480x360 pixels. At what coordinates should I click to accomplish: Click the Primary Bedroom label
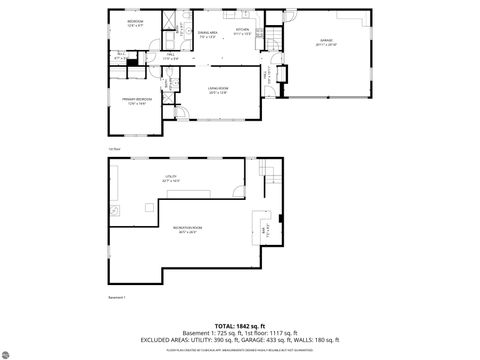pyautogui.click(x=138, y=100)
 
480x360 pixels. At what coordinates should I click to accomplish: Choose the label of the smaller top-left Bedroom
pyautogui.click(x=136, y=23)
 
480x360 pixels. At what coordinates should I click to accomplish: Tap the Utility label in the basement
pyautogui.click(x=171, y=179)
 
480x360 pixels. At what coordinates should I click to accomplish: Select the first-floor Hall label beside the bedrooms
pyautogui.click(x=170, y=56)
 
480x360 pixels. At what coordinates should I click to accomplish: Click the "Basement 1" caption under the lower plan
pyautogui.click(x=118, y=297)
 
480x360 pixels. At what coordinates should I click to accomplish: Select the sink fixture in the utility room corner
pyautogui.click(x=117, y=211)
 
